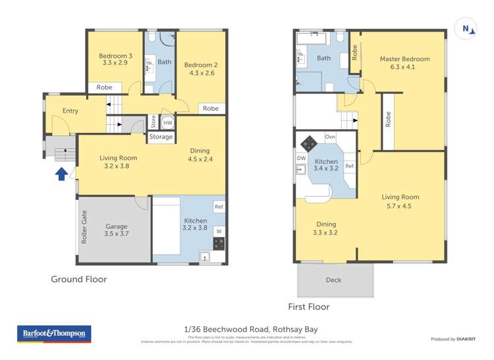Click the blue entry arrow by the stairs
pyautogui.click(x=61, y=174)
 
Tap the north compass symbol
pyautogui.click(x=466, y=28)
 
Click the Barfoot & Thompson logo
pyautogui.click(x=53, y=334)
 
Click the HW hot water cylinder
pyautogui.click(x=168, y=122)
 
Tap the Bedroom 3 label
pyautogui.click(x=116, y=60)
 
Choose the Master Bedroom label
pyautogui.click(x=404, y=63)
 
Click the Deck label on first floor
pyautogui.click(x=333, y=280)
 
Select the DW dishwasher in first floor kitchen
pyautogui.click(x=301, y=158)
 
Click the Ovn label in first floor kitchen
pyautogui.click(x=331, y=137)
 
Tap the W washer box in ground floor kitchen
pyautogui.click(x=218, y=231)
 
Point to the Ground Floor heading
pyautogui.click(x=79, y=279)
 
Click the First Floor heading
pyautogui.click(x=308, y=307)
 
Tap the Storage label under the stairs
pyautogui.click(x=161, y=137)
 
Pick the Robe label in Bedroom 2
pyautogui.click(x=210, y=109)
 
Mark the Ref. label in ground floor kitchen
pyautogui.click(x=218, y=207)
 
